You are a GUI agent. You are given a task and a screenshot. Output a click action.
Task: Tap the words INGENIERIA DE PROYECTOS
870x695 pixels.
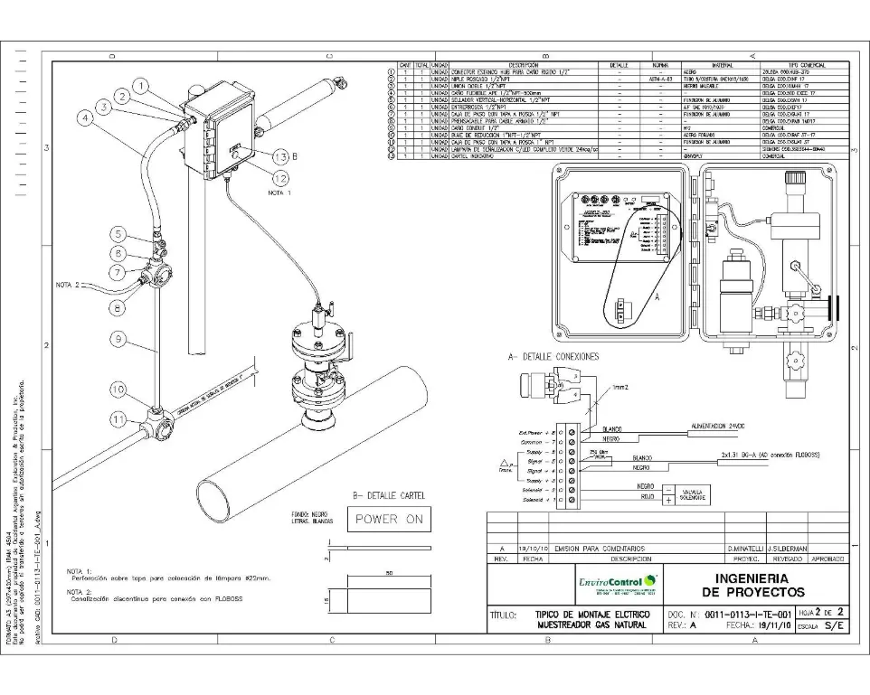[746, 583]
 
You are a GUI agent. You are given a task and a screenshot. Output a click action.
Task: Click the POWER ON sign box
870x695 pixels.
[389, 520]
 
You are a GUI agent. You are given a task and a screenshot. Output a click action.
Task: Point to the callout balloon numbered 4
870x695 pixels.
[84, 117]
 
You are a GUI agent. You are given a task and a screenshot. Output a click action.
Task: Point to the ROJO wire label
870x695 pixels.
[646, 496]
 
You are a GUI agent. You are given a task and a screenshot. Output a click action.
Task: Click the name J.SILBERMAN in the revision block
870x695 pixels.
[787, 549]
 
